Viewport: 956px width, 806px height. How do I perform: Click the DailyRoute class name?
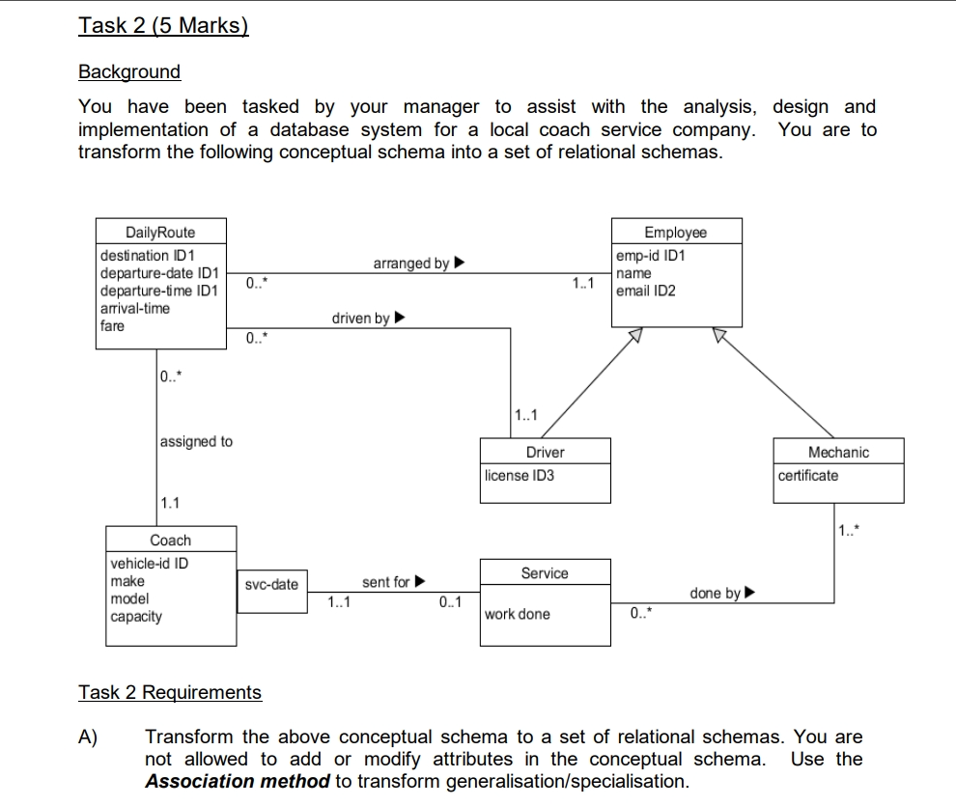[x=160, y=232]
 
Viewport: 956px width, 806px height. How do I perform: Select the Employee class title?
[x=675, y=232]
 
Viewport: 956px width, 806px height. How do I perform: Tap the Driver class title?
[x=546, y=452]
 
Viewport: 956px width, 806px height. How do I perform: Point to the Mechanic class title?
[x=838, y=452]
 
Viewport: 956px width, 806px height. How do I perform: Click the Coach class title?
[x=171, y=541]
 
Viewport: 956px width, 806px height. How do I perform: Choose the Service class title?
[x=545, y=573]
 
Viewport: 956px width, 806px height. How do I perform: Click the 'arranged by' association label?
[x=411, y=264]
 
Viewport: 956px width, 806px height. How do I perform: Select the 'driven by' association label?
[x=361, y=318]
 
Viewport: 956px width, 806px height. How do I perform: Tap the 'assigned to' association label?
[x=196, y=441]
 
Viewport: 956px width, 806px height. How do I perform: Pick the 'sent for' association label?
[x=386, y=582]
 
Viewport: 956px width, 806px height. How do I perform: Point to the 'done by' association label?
[x=716, y=593]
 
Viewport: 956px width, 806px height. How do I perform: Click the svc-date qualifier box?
[x=271, y=585]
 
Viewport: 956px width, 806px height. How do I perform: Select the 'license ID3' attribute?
[x=520, y=475]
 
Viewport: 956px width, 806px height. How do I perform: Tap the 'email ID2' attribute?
[x=645, y=291]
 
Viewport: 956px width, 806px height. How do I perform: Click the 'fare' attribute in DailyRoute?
[x=112, y=325]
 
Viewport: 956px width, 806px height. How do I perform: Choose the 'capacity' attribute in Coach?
[x=136, y=616]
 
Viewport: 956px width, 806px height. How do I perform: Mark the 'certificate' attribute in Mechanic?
[x=808, y=475]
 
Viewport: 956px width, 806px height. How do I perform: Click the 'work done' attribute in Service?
[x=518, y=614]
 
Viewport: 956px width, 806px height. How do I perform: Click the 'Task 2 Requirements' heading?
[x=170, y=692]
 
